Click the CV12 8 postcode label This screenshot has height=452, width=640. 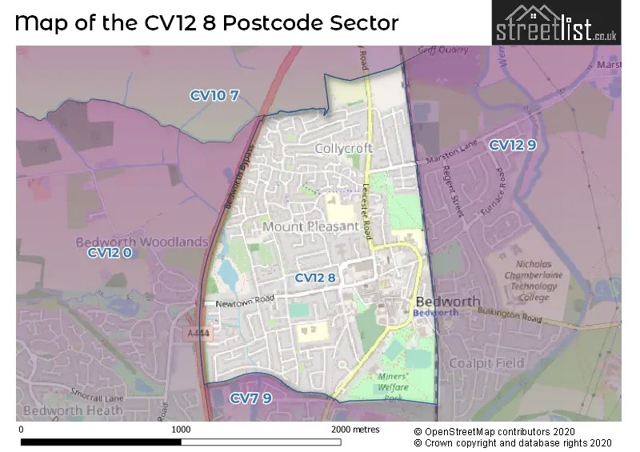tap(316, 278)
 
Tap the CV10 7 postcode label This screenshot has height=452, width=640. tap(214, 95)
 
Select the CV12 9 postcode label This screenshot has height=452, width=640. tap(512, 145)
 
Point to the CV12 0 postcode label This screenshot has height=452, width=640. tap(109, 253)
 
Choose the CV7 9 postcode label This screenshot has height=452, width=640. tap(250, 398)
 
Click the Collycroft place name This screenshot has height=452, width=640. tap(343, 149)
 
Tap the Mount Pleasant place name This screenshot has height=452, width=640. tap(310, 226)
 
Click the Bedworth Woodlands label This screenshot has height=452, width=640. tap(142, 241)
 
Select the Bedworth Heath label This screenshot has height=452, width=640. tap(73, 410)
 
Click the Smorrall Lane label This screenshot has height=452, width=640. tap(95, 394)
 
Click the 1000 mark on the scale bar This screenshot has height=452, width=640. tap(182, 430)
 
